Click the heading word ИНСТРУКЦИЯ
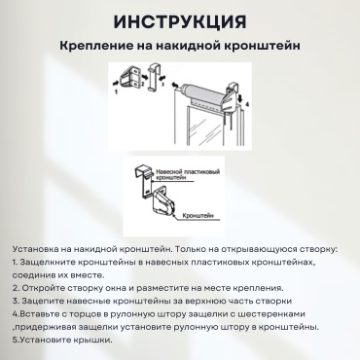coord(180,22)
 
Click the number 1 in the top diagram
coord(117,91)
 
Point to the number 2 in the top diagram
coord(142,84)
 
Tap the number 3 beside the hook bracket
coord(162,84)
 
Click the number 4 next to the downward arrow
coord(247,104)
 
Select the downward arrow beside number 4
coord(240,98)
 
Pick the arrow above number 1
coord(115,84)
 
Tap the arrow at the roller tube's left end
coord(175,85)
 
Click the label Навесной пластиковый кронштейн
coord(188,174)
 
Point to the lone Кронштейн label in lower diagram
coord(198,216)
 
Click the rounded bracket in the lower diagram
coord(162,202)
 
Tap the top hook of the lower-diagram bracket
coord(143,169)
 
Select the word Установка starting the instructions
coord(35,249)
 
